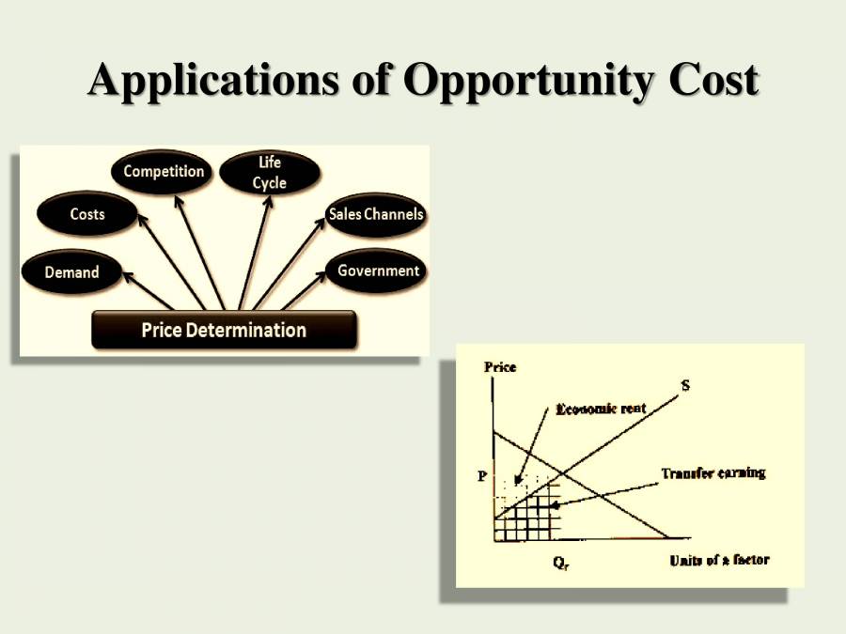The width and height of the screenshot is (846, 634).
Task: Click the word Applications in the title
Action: [213, 81]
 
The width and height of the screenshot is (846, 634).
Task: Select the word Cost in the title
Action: [713, 80]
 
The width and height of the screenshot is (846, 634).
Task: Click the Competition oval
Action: [162, 172]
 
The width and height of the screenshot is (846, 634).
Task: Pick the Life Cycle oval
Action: [270, 173]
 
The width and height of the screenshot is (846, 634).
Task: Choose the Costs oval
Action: [86, 213]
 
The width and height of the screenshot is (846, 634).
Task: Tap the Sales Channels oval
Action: [376, 214]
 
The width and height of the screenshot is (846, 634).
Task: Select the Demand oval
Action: [71, 271]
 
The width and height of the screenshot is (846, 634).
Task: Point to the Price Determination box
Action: [224, 330]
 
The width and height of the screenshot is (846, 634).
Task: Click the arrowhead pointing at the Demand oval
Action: [128, 277]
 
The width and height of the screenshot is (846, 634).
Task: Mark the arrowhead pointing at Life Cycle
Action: [268, 202]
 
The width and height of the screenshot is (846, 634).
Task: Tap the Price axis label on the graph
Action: [500, 367]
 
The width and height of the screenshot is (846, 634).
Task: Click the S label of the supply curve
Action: [685, 385]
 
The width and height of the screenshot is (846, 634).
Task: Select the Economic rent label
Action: [601, 409]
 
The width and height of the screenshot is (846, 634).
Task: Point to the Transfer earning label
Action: [713, 473]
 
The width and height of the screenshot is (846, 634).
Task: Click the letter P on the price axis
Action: [482, 476]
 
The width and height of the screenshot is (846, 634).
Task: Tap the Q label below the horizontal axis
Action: [560, 564]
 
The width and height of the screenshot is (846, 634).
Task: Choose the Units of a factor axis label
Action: [719, 560]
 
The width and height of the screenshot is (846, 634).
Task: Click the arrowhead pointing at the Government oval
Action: [320, 276]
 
